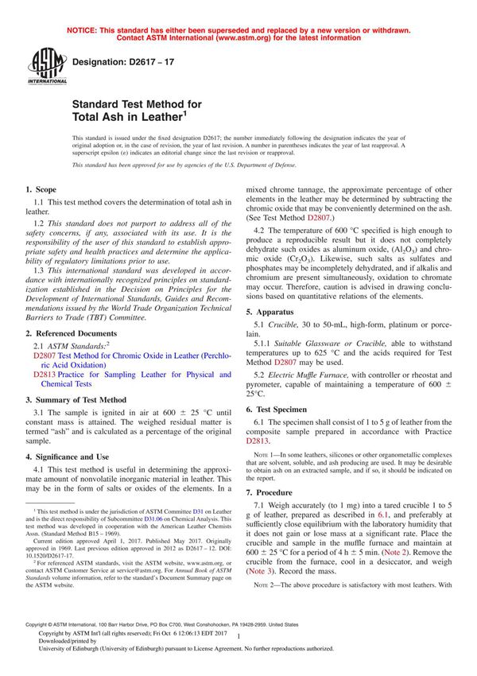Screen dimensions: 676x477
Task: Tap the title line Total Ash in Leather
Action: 129,116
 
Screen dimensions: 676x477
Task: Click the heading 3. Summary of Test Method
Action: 76,400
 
